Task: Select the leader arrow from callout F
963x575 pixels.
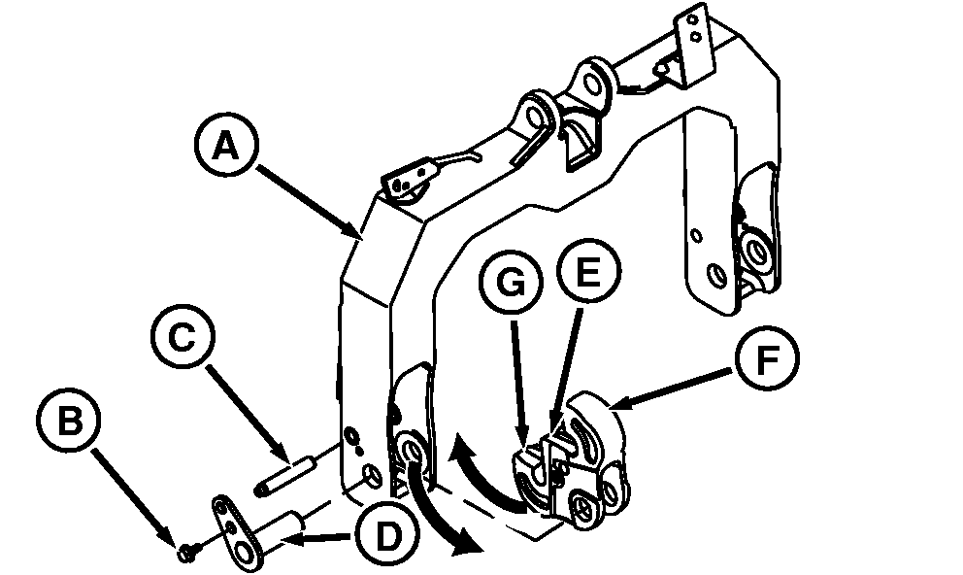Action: tap(670, 387)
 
